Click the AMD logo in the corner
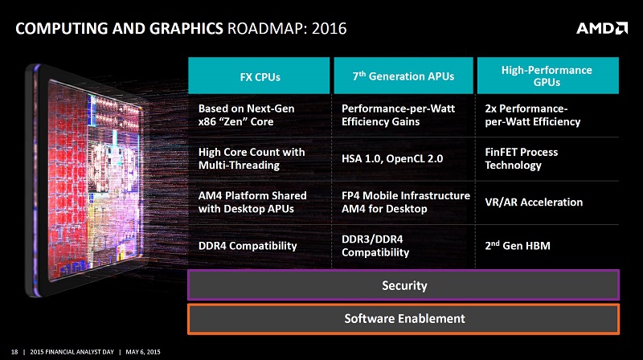tap(601, 28)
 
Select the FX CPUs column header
tap(259, 76)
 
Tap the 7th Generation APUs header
tap(403, 76)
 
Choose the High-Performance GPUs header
tap(548, 76)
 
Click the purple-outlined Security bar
tap(403, 285)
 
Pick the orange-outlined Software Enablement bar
tap(403, 318)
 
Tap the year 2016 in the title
tap(330, 29)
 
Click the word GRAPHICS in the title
tap(186, 29)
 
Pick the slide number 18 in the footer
tap(14, 352)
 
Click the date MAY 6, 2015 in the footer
tap(143, 352)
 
